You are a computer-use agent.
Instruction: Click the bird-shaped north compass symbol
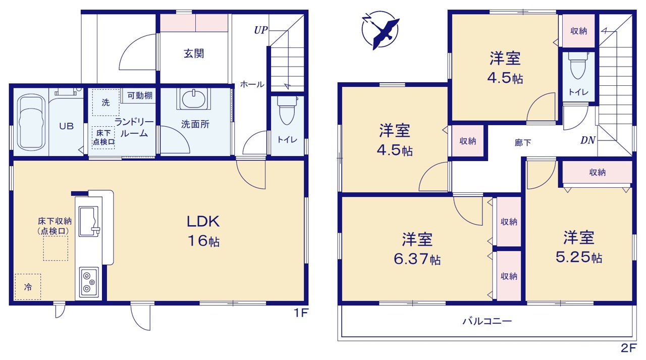(381, 30)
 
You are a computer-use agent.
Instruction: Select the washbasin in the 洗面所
(193, 98)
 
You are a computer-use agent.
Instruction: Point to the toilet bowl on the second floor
(578, 66)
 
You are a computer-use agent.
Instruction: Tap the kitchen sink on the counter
(89, 222)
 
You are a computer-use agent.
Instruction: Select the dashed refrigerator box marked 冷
(28, 287)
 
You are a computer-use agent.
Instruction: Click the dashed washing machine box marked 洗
(105, 102)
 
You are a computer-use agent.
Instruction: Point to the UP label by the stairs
(261, 30)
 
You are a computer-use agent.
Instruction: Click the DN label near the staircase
(588, 140)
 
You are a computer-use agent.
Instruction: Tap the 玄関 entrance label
(194, 54)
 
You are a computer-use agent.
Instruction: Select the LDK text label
(203, 222)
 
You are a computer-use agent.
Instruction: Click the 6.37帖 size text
(417, 259)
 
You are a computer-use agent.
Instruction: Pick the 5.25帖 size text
(579, 258)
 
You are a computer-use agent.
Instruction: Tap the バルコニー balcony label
(488, 321)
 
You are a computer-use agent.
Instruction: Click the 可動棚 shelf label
(140, 95)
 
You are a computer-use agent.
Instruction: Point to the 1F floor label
(301, 313)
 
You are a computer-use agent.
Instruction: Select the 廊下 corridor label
(523, 142)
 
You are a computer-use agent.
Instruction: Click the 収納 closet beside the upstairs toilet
(578, 31)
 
